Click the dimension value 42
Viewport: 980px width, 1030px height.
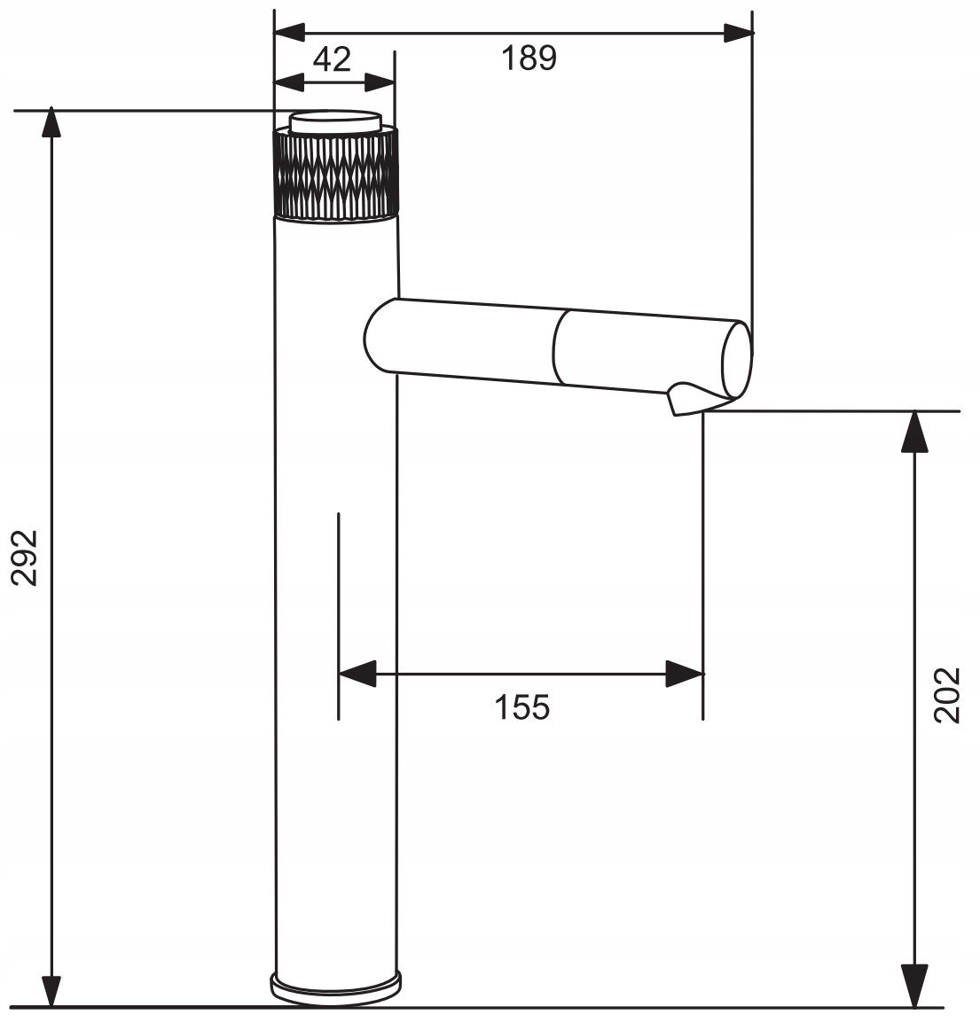332,59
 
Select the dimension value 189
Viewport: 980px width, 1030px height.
529,58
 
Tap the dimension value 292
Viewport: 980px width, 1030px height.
25,558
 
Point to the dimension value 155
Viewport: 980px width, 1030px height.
521,707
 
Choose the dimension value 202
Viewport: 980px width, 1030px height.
947,696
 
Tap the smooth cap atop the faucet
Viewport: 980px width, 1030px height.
336,122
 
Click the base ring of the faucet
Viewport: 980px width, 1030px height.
336,988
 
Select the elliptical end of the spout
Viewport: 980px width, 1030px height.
737,360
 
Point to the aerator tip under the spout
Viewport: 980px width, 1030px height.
687,400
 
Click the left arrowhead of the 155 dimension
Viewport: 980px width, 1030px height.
357,674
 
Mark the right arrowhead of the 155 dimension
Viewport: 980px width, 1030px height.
684,674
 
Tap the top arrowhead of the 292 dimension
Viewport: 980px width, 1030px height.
51,122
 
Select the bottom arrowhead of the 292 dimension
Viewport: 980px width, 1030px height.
51,992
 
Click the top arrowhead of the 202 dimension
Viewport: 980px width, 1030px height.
914,432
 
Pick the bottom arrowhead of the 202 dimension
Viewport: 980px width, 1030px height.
914,986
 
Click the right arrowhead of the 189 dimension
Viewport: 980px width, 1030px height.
738,32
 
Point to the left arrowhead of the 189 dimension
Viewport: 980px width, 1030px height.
289,32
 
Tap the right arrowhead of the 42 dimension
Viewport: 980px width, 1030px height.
380,82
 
